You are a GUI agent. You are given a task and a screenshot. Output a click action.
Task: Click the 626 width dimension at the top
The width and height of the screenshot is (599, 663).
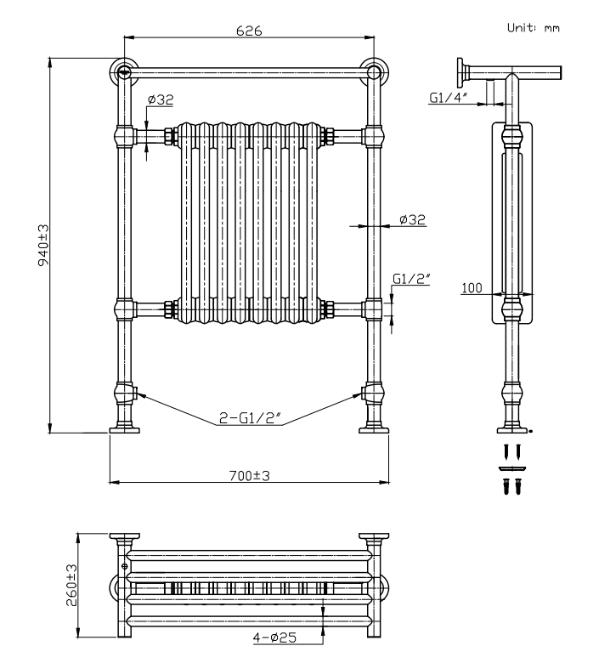coord(249,30)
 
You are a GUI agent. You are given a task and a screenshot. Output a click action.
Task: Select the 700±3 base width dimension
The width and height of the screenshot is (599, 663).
coord(249,475)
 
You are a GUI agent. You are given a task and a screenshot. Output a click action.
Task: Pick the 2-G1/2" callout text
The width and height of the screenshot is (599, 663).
coord(249,419)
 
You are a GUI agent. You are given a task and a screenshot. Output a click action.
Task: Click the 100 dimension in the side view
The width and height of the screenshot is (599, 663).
coord(472,288)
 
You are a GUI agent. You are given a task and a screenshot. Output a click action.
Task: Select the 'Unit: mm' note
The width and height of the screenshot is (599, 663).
coord(534,28)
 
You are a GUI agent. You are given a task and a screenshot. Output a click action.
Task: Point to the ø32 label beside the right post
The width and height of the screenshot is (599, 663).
coord(412,219)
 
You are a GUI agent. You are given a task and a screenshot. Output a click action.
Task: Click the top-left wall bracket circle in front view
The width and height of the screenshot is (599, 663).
coord(124,71)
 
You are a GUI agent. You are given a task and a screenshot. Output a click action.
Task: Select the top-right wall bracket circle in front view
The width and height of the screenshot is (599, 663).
coord(372,71)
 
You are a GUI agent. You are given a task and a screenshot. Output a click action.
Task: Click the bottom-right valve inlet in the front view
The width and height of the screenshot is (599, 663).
coord(370,394)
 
